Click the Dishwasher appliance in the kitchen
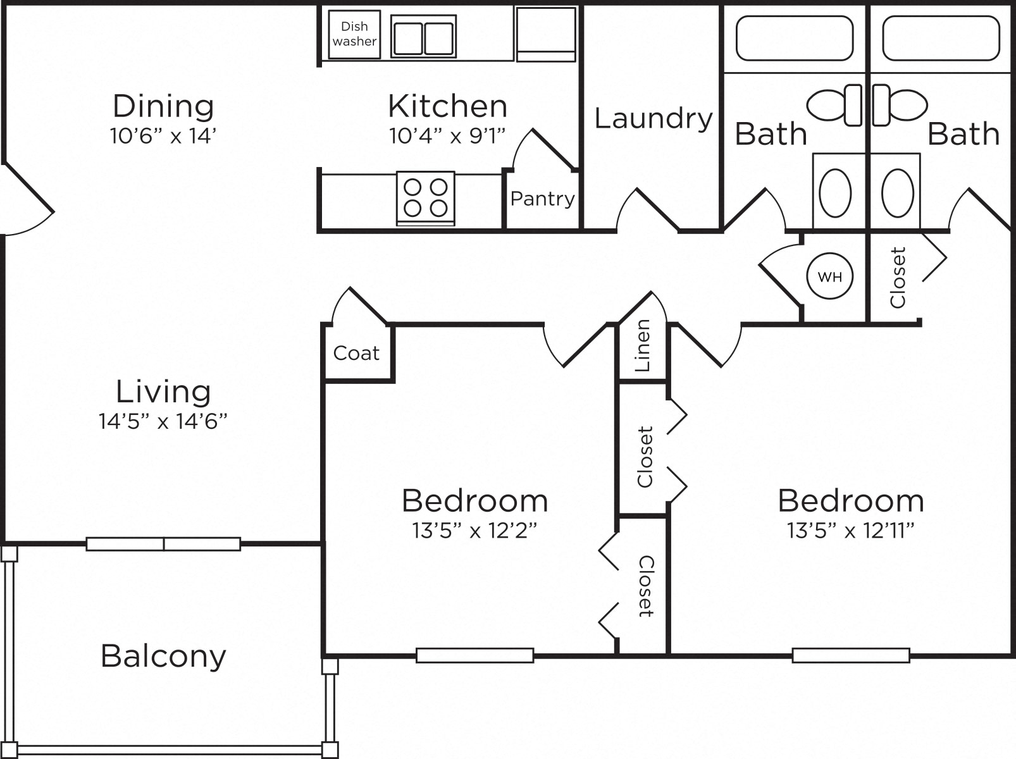coord(354,34)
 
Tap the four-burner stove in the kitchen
coord(425,198)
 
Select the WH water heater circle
coord(829,276)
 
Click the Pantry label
coord(543,199)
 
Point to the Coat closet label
coord(356,353)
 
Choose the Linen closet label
coord(643,345)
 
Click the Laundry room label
coord(653,119)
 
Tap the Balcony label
coord(163,657)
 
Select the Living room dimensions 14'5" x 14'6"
coord(163,421)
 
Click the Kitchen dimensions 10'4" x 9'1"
coord(447,135)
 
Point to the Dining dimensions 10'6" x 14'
coord(163,135)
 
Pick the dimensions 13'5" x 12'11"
coord(851,531)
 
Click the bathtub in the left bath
coord(795,38)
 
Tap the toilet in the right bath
coord(900,105)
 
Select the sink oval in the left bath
coord(835,193)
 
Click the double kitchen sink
coord(423,36)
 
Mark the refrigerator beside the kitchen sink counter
coord(546,34)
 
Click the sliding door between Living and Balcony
coord(163,544)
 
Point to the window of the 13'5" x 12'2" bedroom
coord(475,655)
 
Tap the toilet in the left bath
coord(834,105)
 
